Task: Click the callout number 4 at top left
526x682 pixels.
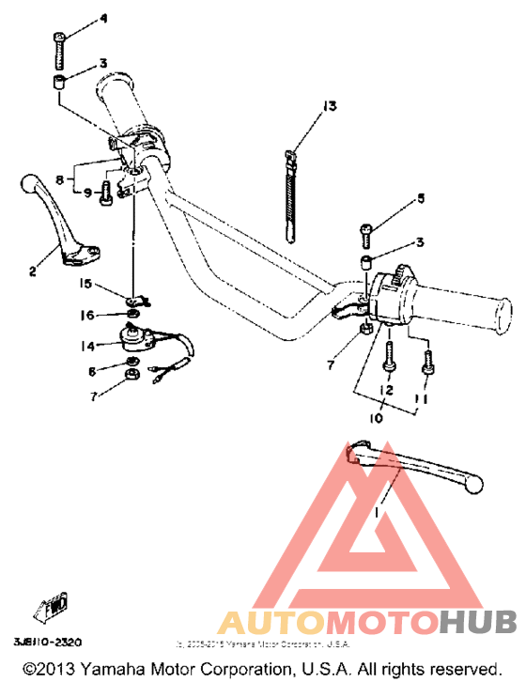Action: click(103, 19)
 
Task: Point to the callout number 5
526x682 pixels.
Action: click(421, 198)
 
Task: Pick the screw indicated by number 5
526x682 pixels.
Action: click(365, 228)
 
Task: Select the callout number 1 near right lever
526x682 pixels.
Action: click(379, 514)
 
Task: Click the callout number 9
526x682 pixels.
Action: click(87, 193)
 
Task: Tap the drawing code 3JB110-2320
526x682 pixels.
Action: click(47, 643)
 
